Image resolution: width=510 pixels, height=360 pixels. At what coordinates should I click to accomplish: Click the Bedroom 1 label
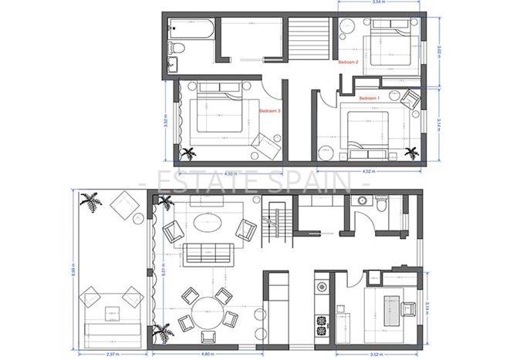[370, 99]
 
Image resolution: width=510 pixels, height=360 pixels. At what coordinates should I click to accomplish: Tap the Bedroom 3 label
[269, 109]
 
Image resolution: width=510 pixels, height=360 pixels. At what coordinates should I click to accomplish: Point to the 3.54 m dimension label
[378, 4]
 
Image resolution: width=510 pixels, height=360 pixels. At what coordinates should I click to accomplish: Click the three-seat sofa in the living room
[207, 252]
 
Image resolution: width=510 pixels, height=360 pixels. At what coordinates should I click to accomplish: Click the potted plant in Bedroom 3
[188, 152]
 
